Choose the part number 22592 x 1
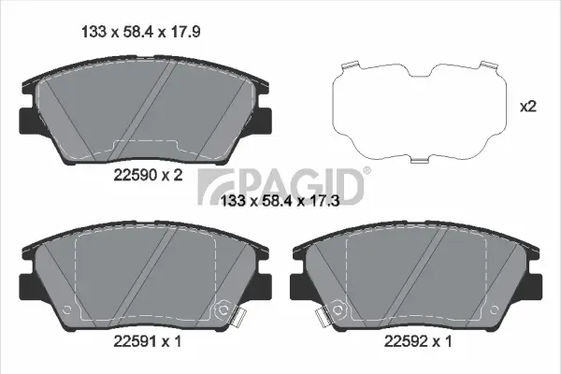pos(419,342)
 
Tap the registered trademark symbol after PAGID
pos(367,170)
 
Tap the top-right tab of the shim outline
pos(485,65)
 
